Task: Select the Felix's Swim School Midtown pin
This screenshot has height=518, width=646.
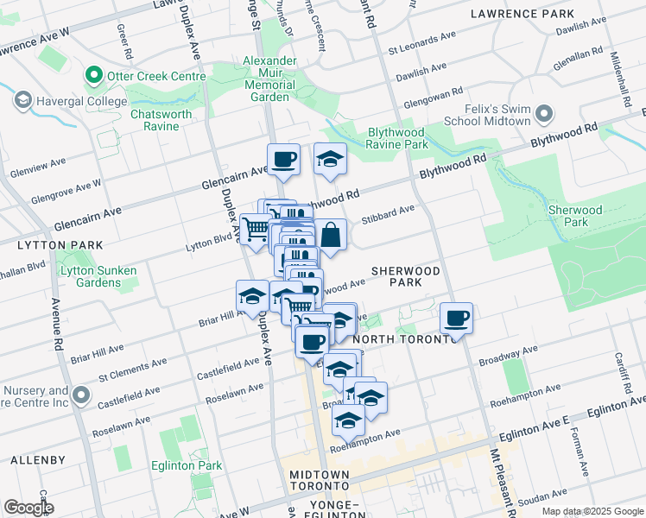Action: click(544, 114)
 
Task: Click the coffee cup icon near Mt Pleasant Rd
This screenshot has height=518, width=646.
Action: click(456, 318)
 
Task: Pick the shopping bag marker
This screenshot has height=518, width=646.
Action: click(331, 233)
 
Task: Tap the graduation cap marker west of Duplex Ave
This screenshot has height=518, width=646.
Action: click(251, 296)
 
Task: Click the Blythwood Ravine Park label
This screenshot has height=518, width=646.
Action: click(384, 138)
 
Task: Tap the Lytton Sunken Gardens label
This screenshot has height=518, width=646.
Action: click(98, 276)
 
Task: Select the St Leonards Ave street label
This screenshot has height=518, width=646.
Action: click(421, 41)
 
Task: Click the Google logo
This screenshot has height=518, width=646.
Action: click(28, 508)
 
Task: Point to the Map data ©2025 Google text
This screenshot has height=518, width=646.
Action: click(592, 511)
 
